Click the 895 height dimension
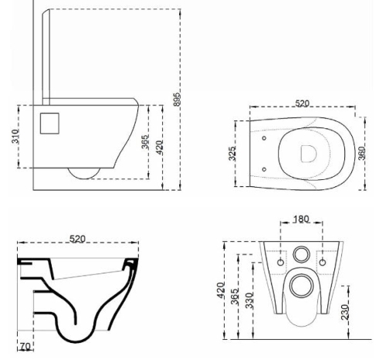177,99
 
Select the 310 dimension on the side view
15,136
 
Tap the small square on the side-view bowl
49,124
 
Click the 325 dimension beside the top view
232,154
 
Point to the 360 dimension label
362,153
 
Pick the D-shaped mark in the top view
309,154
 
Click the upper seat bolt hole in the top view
264,138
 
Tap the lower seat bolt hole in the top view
264,169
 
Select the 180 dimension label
301,219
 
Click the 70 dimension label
25,347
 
